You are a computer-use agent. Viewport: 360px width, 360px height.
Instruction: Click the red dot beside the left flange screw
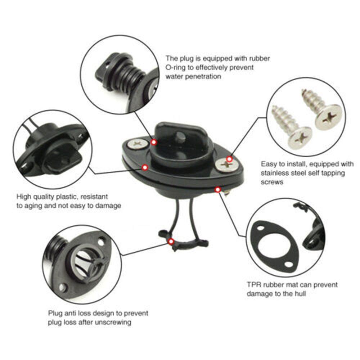(x=154, y=142)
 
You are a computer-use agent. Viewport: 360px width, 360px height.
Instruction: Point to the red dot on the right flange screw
(x=229, y=159)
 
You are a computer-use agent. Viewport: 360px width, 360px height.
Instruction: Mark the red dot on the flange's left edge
(x=145, y=167)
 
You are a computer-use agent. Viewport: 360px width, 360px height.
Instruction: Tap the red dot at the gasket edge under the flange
(x=217, y=189)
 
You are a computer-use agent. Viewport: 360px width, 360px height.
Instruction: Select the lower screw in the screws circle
(x=293, y=126)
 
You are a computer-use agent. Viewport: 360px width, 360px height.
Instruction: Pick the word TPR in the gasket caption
(x=254, y=285)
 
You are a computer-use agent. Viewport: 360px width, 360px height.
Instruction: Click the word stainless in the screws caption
(x=275, y=173)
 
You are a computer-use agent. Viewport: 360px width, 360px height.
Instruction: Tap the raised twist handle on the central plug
(x=176, y=135)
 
